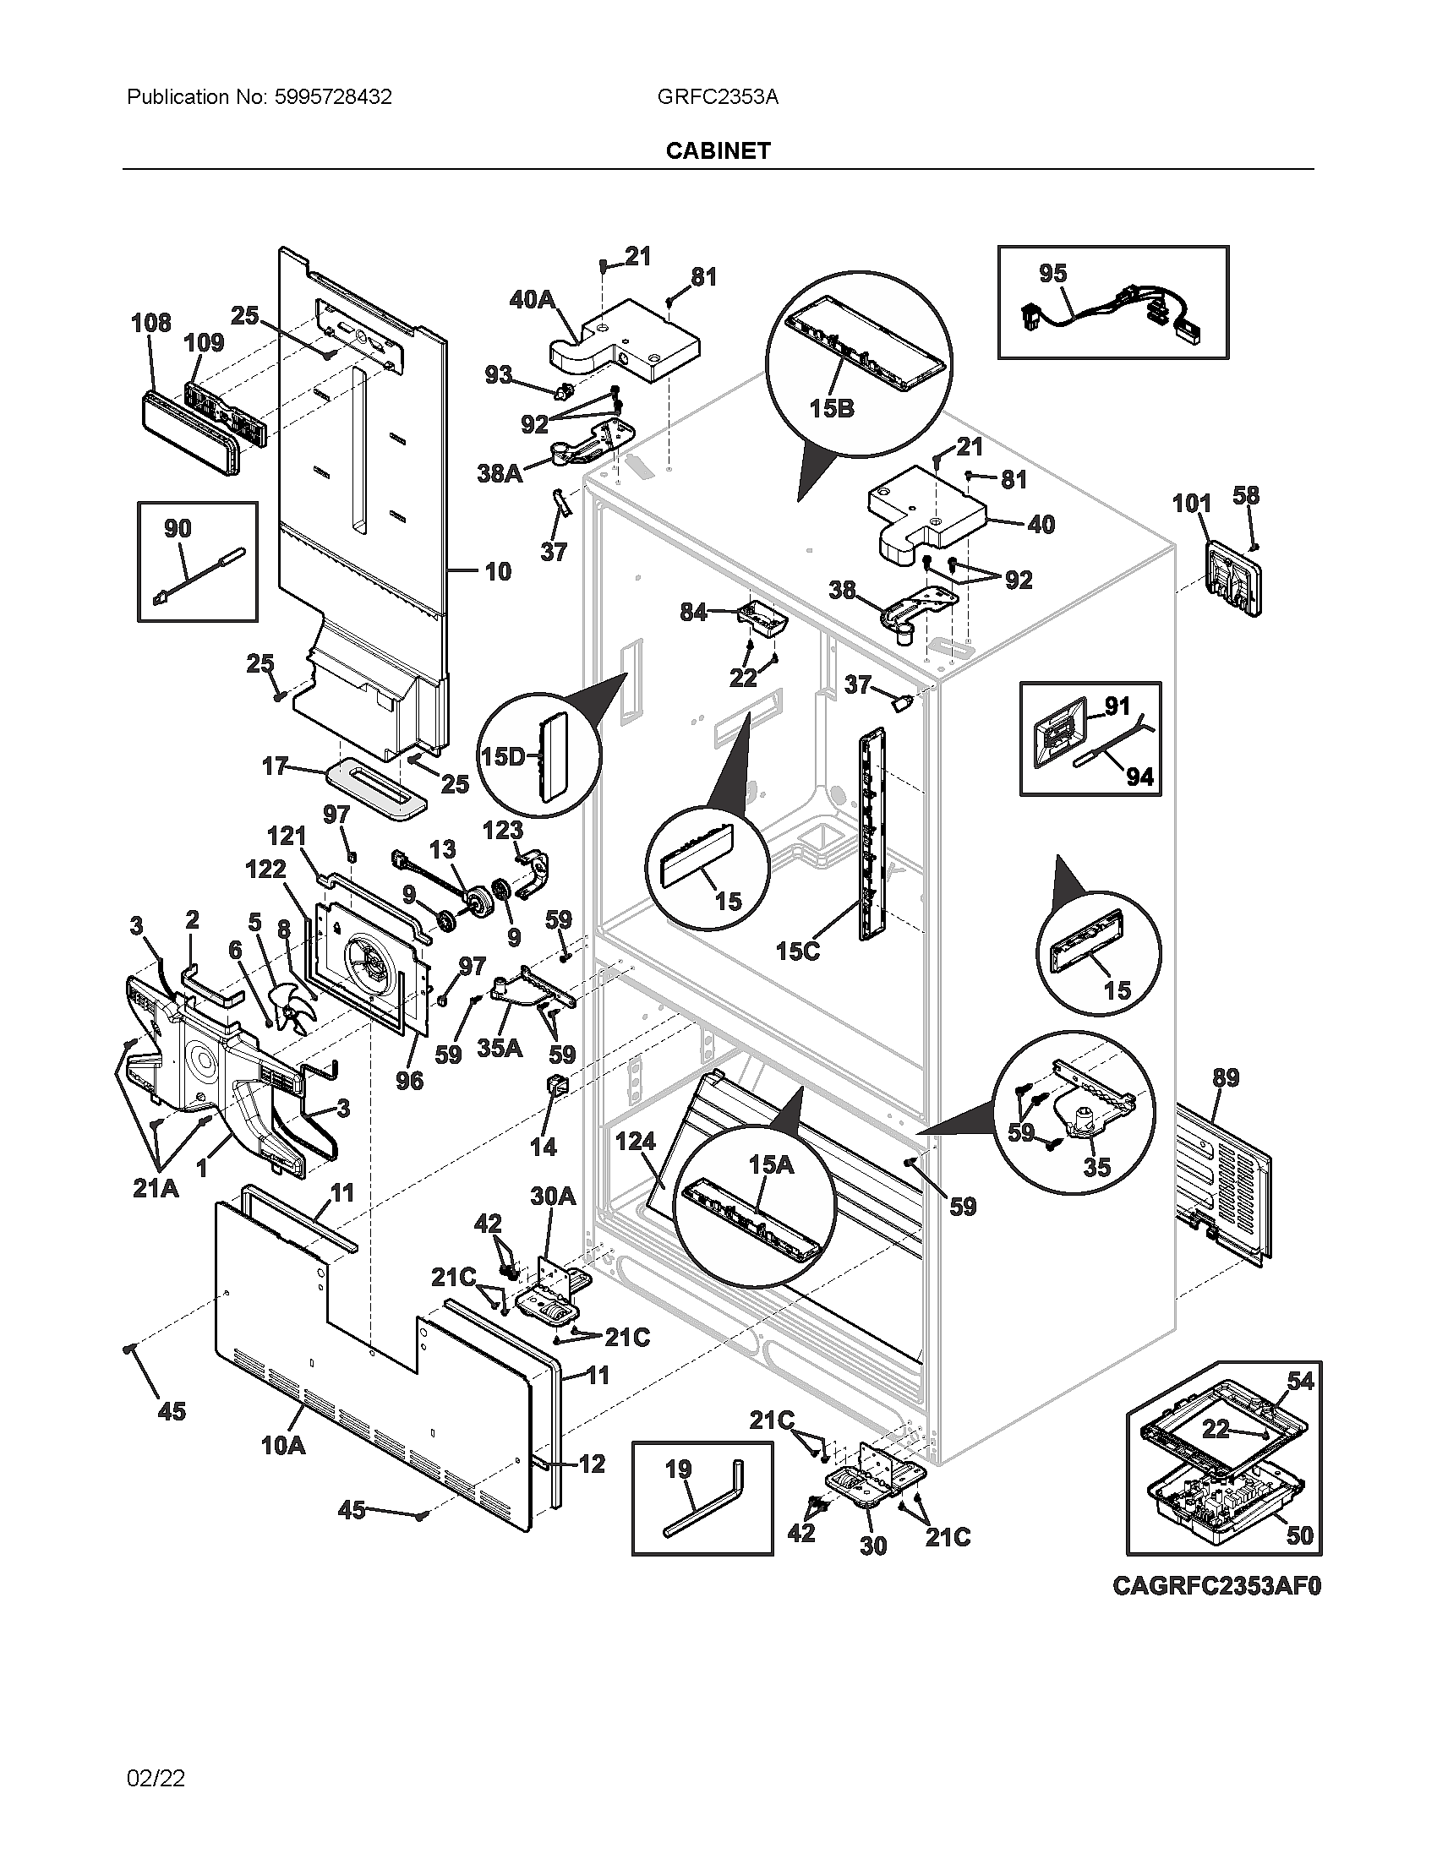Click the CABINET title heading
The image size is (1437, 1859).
[718, 150]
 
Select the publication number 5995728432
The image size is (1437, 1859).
[332, 97]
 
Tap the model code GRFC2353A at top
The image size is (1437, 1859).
[717, 97]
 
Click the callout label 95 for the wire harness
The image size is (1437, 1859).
[1052, 273]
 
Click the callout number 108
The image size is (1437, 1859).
[150, 323]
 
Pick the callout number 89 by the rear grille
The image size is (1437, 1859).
[1225, 1077]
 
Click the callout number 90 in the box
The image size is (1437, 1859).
[177, 529]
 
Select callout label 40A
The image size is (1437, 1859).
[532, 299]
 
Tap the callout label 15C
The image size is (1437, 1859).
[798, 950]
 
